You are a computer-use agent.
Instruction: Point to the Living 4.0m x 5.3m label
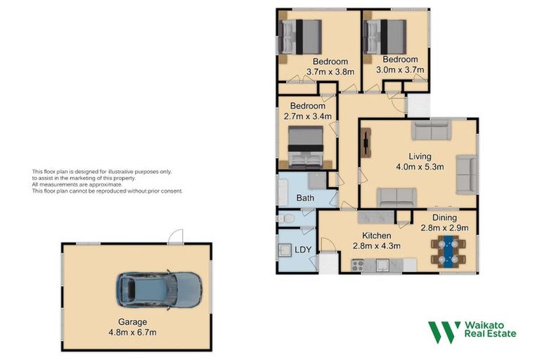coord(420,161)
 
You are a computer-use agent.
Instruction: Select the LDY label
coord(303,250)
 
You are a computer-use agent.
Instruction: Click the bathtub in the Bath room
coord(283,191)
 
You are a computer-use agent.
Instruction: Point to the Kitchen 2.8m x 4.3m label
coord(376,240)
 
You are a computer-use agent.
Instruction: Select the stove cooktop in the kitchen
coord(359,265)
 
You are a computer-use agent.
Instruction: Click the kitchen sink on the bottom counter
coord(383,265)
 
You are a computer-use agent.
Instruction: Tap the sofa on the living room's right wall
coord(467,174)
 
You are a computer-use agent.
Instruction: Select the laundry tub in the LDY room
coord(286,250)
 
